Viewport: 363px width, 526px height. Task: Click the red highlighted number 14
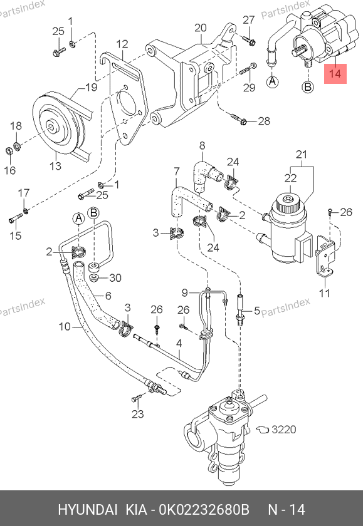pyautogui.click(x=335, y=73)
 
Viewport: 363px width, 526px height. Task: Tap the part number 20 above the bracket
pyautogui.click(x=201, y=28)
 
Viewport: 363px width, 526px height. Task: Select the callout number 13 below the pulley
pyautogui.click(x=55, y=165)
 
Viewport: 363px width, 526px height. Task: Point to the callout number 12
pyautogui.click(x=122, y=44)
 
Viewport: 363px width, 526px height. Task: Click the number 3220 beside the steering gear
pyautogui.click(x=284, y=430)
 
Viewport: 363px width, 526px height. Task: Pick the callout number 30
pyautogui.click(x=115, y=278)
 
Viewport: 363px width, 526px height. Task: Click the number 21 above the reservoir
pyautogui.click(x=302, y=154)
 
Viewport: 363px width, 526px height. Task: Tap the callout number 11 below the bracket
pyautogui.click(x=324, y=293)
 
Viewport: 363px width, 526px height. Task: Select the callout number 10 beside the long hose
pyautogui.click(x=65, y=326)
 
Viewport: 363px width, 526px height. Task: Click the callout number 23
pyautogui.click(x=138, y=414)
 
